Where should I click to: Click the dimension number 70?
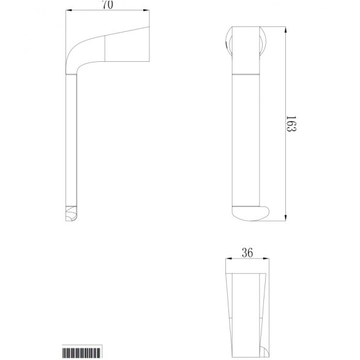108,5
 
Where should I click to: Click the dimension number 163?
291,124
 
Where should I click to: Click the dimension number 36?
247,253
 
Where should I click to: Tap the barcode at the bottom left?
81,353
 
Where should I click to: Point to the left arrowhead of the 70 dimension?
69,10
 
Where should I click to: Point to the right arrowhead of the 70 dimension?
146,10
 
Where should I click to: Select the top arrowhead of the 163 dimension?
285,30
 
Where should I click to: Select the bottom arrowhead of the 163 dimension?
285,218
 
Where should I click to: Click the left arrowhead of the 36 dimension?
229,259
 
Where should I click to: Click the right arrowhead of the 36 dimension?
266,259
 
